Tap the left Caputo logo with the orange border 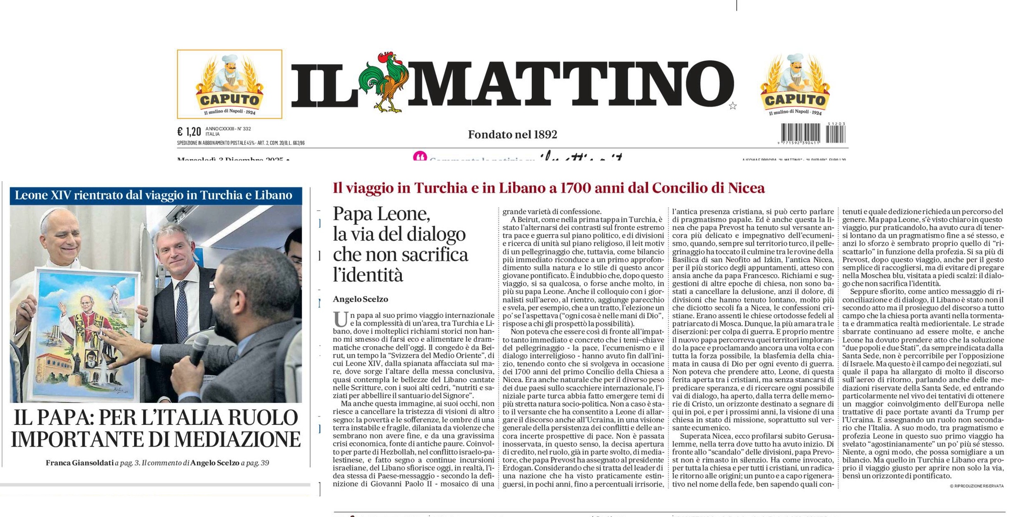click(x=229, y=84)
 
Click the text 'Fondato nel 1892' click(x=512, y=134)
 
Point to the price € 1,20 click(x=189, y=132)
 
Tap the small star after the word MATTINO click(x=733, y=106)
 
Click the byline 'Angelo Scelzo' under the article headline click(x=360, y=299)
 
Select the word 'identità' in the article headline click(x=368, y=275)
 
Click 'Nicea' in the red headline click(x=746, y=188)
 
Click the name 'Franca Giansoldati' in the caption click(x=79, y=463)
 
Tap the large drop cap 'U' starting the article click(x=340, y=319)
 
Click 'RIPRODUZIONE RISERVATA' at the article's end click(x=978, y=486)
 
